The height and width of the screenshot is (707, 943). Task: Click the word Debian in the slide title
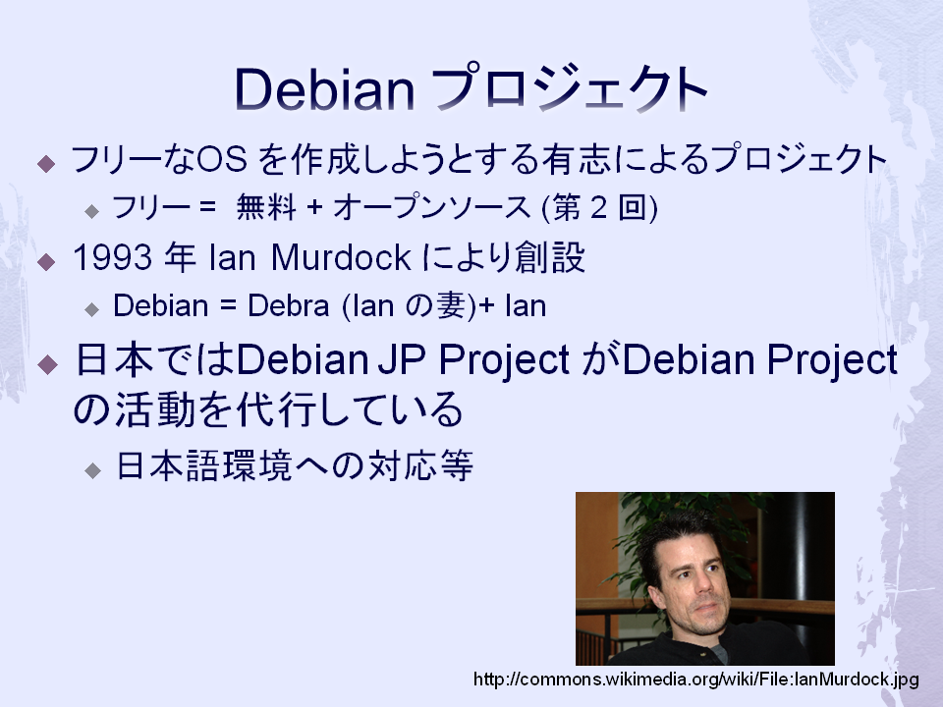pos(324,89)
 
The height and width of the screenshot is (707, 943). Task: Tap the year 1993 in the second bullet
pos(112,257)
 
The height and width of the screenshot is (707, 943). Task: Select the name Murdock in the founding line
pos(341,257)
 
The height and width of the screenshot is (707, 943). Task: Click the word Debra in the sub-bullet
pos(288,305)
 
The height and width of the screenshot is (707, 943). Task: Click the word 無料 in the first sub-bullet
pos(266,207)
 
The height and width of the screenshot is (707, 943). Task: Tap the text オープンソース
pos(432,207)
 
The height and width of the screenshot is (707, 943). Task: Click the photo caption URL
pos(695,680)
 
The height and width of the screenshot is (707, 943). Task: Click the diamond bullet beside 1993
pos(46,261)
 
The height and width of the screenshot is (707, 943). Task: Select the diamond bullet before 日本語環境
pos(92,470)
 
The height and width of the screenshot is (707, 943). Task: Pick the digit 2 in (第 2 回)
pos(598,208)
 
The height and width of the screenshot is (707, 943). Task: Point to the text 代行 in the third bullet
pos(276,409)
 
